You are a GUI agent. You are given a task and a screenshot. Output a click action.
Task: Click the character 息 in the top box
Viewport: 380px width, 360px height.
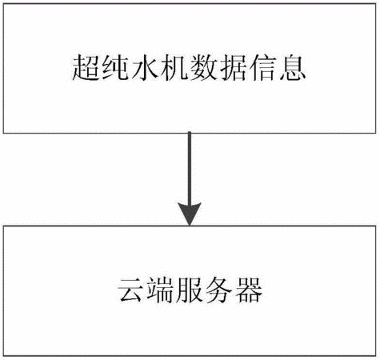click(292, 68)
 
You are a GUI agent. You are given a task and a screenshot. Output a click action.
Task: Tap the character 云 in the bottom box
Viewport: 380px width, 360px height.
click(131, 290)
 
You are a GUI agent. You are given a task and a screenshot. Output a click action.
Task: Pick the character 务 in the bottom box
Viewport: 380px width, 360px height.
click(219, 290)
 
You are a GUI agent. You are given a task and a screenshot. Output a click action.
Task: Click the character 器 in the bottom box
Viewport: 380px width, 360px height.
click(249, 290)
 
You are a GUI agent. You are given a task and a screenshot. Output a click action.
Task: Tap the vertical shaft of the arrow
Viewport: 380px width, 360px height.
click(190, 168)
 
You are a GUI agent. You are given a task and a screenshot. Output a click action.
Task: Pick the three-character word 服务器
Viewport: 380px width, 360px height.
click(219, 290)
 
